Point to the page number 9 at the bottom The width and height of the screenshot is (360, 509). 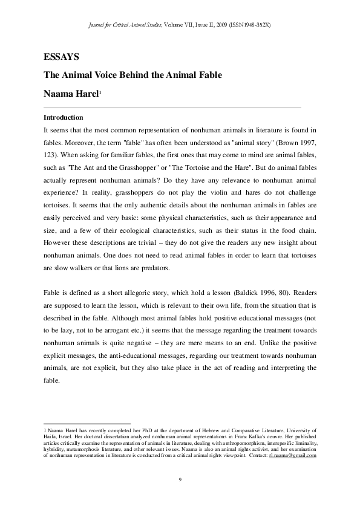point(180,479)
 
